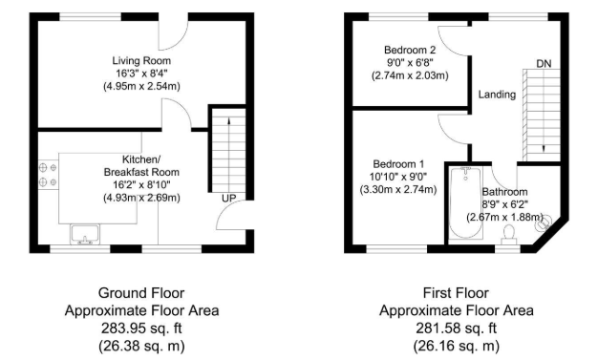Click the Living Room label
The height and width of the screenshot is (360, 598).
(x=140, y=59)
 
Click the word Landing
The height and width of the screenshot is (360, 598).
(x=497, y=95)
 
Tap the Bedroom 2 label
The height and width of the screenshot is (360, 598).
(x=410, y=50)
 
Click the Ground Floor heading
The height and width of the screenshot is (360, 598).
(x=141, y=293)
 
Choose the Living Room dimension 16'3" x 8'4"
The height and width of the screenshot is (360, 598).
(x=140, y=73)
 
